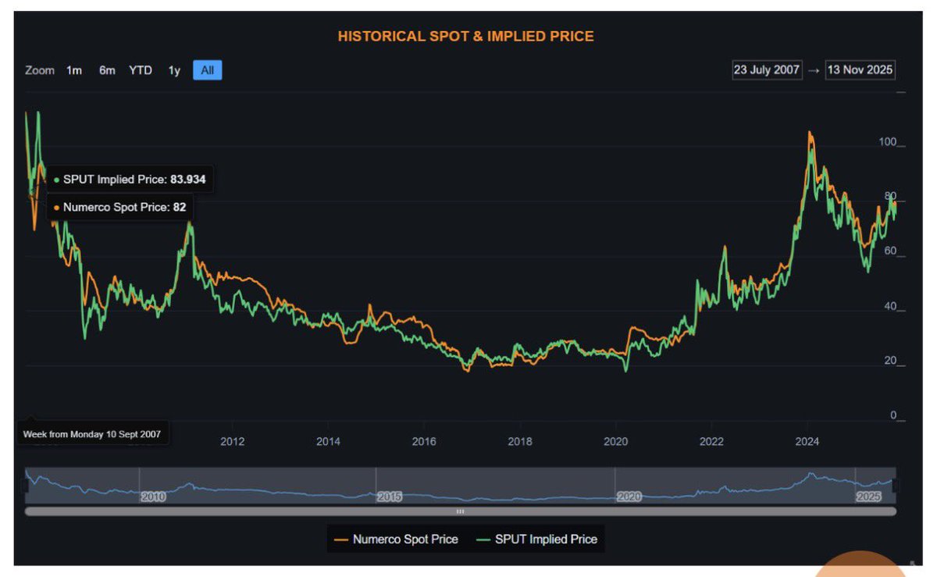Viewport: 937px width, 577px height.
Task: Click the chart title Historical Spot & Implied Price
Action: (x=465, y=36)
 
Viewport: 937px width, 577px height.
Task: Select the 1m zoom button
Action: (x=74, y=70)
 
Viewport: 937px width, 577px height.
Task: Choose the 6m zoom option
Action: (x=107, y=70)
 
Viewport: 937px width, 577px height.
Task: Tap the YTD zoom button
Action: (x=141, y=70)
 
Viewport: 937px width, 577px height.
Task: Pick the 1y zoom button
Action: (x=174, y=70)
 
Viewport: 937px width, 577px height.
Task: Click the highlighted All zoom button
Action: (x=207, y=70)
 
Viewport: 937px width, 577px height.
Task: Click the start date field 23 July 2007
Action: (x=766, y=69)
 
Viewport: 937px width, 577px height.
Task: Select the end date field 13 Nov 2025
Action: (x=860, y=69)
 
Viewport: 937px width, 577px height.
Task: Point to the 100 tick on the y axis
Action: (x=888, y=142)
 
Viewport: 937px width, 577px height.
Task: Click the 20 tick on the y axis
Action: (x=891, y=361)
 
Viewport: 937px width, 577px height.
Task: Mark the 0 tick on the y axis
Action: (x=894, y=415)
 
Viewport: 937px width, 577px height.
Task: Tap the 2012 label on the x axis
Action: (x=233, y=441)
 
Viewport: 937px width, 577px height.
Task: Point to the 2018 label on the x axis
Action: (x=520, y=441)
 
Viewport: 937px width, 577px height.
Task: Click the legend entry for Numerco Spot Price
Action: (x=396, y=539)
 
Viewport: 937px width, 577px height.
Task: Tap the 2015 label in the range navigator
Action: (x=389, y=497)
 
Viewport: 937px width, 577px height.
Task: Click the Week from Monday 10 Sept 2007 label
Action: (x=92, y=434)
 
